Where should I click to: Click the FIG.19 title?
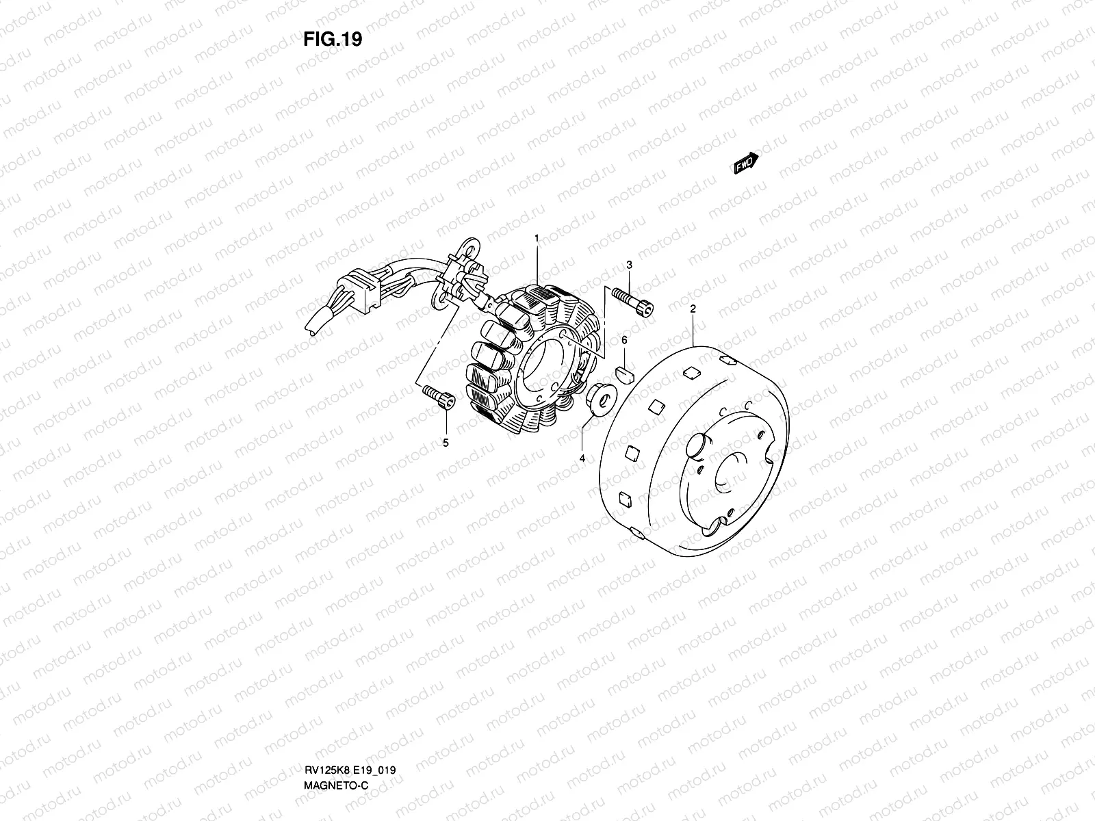[333, 39]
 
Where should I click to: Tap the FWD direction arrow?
[746, 163]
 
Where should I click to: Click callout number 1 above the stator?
[537, 238]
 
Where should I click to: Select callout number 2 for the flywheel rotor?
[693, 309]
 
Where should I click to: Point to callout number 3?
[629, 265]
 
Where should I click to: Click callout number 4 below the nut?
[582, 458]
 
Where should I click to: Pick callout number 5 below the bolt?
[446, 443]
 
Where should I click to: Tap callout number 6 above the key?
[624, 340]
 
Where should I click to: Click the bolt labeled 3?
[632, 302]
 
